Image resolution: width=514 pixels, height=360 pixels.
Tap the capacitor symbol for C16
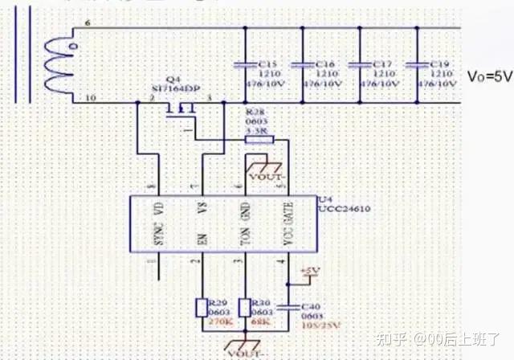pyautogui.click(x=302, y=63)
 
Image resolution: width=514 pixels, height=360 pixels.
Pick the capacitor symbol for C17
pyautogui.click(x=360, y=63)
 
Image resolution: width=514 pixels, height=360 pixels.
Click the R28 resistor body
pyautogui.click(x=258, y=139)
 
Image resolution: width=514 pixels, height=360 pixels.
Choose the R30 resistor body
pyautogui.click(x=244, y=307)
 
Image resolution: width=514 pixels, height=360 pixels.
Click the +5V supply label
pyautogui.click(x=309, y=272)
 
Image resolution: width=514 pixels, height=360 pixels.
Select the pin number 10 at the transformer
pyautogui.click(x=89, y=98)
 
